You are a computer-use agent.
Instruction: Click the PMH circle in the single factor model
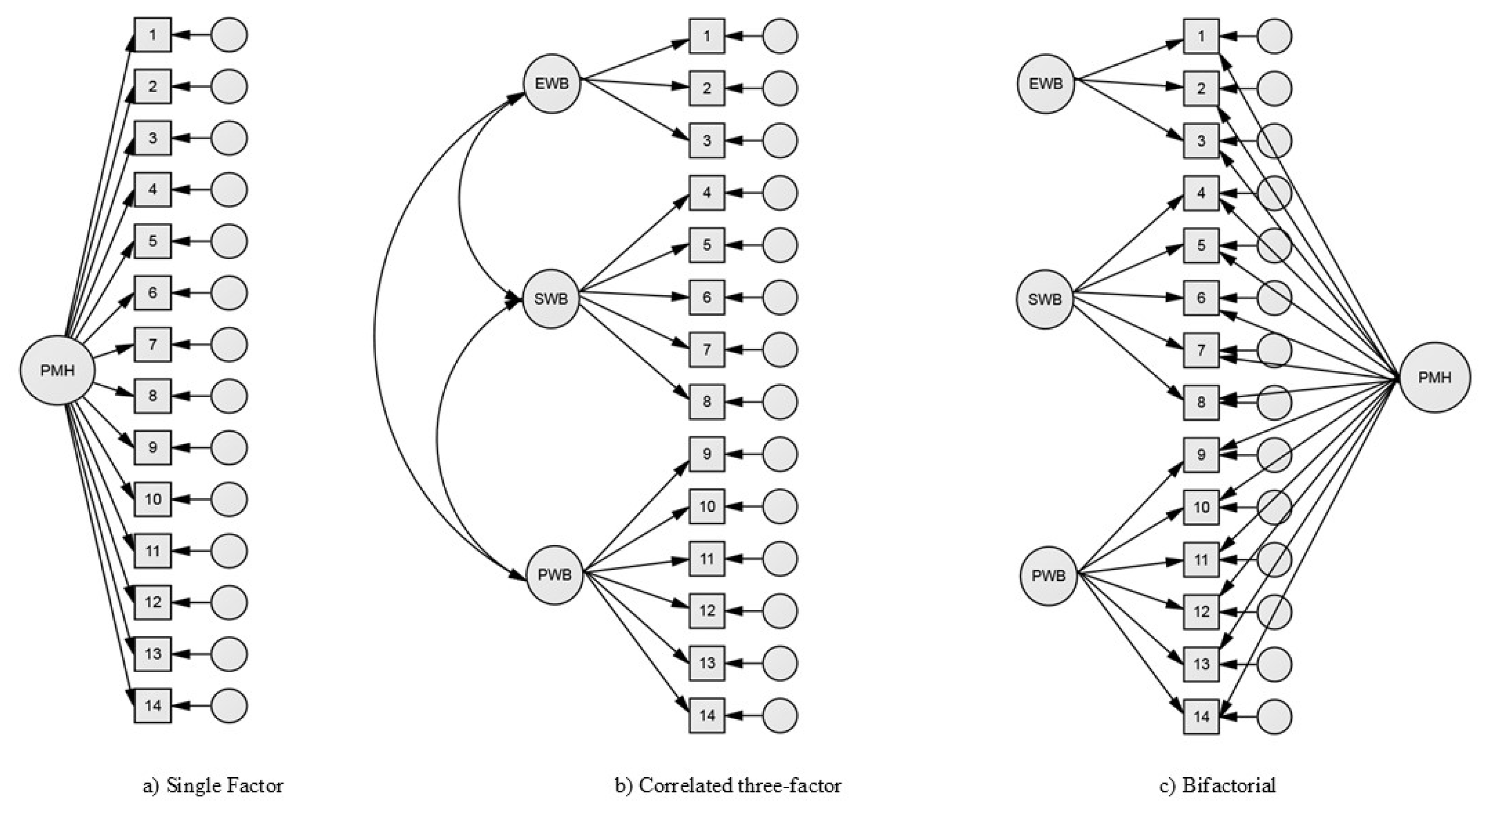coord(57,370)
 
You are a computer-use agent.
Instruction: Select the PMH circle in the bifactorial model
coord(1434,377)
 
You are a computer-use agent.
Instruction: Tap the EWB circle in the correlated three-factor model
coord(552,84)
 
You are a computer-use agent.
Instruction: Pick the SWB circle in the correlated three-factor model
coord(551,299)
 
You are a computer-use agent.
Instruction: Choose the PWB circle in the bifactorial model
coord(1048,576)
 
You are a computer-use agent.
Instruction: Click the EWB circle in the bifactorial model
coord(1046,84)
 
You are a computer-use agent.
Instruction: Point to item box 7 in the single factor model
coord(153,344)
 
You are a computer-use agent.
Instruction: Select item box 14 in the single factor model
coord(153,705)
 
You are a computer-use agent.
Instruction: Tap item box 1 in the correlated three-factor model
coord(707,36)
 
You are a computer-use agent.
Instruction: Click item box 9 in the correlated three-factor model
coord(707,454)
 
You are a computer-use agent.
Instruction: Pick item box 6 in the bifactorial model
coord(1201,298)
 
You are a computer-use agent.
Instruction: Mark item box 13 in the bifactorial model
coord(1201,663)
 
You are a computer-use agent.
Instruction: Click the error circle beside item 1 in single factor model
coord(229,35)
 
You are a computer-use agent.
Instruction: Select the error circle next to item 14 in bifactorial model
coord(1274,716)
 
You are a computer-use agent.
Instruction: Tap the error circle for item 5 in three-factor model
coord(780,245)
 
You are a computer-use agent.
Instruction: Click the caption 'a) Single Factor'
coord(213,786)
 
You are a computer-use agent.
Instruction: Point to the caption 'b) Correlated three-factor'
coord(728,786)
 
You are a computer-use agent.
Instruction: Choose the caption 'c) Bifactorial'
coord(1218,786)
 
